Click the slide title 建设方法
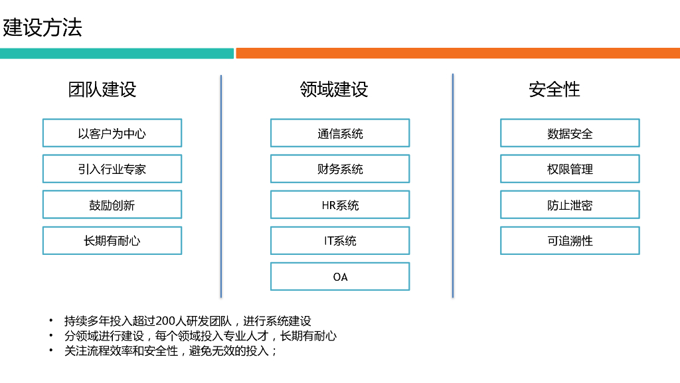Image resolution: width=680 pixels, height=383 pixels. coord(42,28)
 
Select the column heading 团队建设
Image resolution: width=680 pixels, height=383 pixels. coord(102,89)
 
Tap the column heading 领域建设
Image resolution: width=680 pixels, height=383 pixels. coord(333,89)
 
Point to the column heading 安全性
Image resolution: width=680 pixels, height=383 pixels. coord(554,89)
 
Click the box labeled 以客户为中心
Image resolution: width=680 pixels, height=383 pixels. coord(112,133)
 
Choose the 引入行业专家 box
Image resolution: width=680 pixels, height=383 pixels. coord(112,169)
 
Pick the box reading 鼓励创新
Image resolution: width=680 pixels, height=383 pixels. coord(112,204)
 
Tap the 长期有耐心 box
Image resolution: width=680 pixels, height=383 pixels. coord(112,240)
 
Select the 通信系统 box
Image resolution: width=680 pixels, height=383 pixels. coord(340,133)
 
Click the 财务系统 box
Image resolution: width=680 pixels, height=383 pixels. coord(340,169)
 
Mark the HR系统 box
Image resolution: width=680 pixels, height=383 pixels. coord(340,204)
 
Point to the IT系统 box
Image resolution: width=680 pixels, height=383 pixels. coord(340,240)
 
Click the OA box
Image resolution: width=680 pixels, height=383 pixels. coord(340,276)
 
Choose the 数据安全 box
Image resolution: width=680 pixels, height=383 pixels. coord(570,133)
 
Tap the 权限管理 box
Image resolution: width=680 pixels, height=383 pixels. coord(570,169)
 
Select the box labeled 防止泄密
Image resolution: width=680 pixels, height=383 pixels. coord(570,204)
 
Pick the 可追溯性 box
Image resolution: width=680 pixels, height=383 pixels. coord(570,240)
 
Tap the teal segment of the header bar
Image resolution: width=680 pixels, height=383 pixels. coord(117,53)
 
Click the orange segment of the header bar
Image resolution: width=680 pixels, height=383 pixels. coord(458,53)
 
